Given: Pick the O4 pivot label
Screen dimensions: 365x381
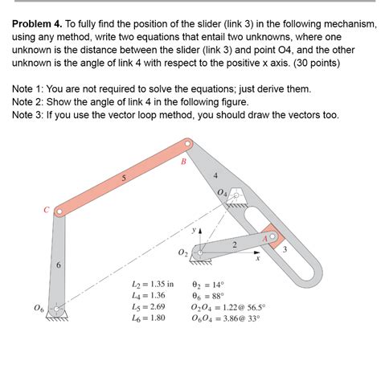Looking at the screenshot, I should [x=221, y=193].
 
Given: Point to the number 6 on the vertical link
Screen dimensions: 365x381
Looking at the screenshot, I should [x=57, y=265].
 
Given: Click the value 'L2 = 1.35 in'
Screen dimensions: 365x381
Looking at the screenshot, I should [x=151, y=285].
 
